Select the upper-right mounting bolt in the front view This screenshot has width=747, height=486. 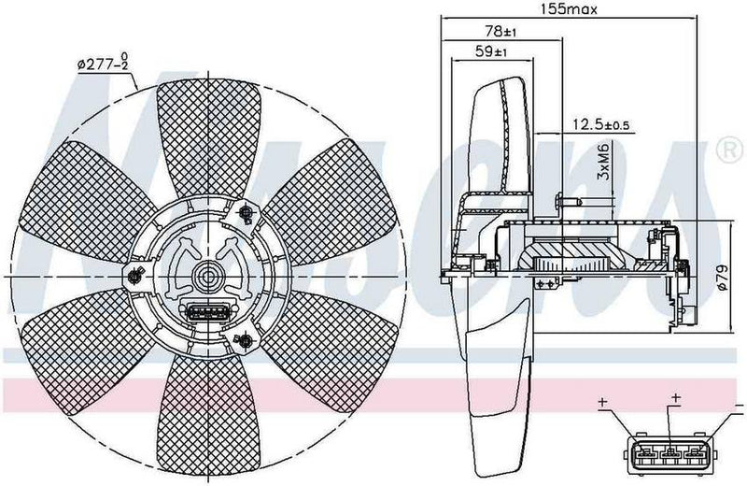coord(247,214)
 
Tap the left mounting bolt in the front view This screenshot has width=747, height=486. coord(134,275)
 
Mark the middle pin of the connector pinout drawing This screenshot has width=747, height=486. coord(669,455)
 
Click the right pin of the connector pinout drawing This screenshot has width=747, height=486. coord(696,455)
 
